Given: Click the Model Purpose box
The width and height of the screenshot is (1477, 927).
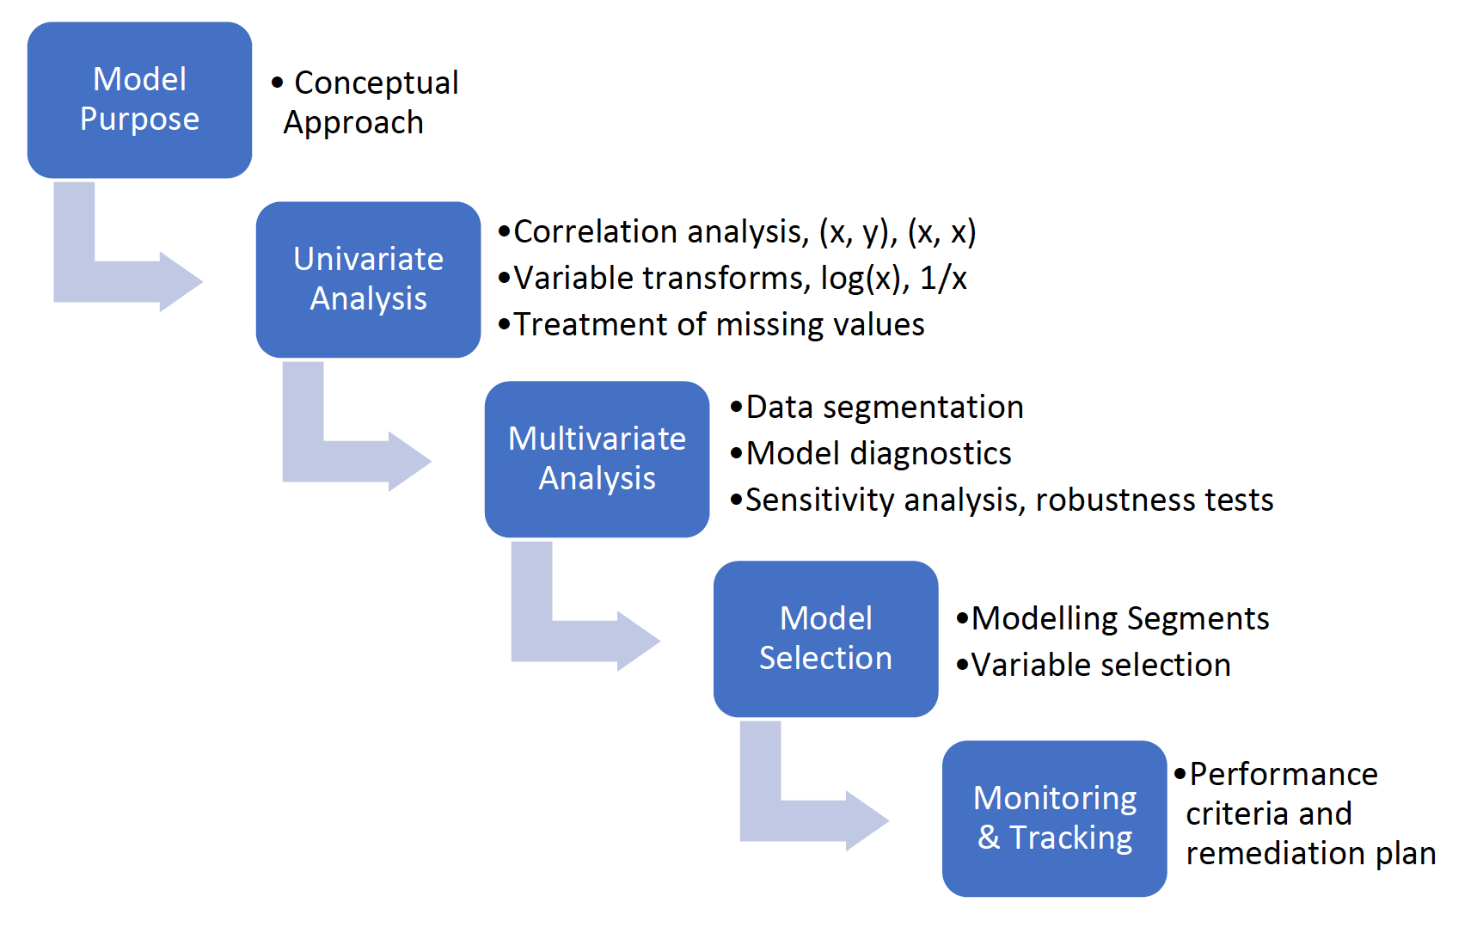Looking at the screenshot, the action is click(x=139, y=100).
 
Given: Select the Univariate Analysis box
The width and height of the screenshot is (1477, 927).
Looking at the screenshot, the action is click(x=368, y=279).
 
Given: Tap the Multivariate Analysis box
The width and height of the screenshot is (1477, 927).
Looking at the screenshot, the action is click(x=597, y=459).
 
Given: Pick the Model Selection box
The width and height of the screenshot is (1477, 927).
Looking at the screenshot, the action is click(x=825, y=639).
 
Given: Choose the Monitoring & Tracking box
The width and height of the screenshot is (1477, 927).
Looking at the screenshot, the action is click(x=1054, y=819).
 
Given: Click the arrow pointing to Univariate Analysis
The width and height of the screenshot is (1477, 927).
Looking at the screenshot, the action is click(x=103, y=280).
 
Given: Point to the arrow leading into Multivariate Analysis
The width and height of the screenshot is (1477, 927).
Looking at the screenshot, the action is click(x=332, y=460).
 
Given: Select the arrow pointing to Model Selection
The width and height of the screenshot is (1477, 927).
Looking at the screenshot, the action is click(x=561, y=640).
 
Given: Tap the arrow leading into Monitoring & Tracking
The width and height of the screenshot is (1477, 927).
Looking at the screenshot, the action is click(x=789, y=820).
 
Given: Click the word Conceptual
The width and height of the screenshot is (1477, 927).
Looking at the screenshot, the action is click(x=377, y=83).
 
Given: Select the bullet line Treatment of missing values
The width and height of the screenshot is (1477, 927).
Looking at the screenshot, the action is click(x=711, y=325).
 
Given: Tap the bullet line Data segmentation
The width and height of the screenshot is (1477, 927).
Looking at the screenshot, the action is click(x=877, y=408).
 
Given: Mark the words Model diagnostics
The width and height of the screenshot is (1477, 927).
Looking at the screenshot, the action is click(x=879, y=454).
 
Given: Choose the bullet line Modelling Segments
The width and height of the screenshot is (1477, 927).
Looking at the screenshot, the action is click(x=1112, y=619).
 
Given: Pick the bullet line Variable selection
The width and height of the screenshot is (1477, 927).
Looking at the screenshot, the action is click(x=1094, y=666).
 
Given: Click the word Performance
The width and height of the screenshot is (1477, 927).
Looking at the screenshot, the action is click(x=1284, y=775).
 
